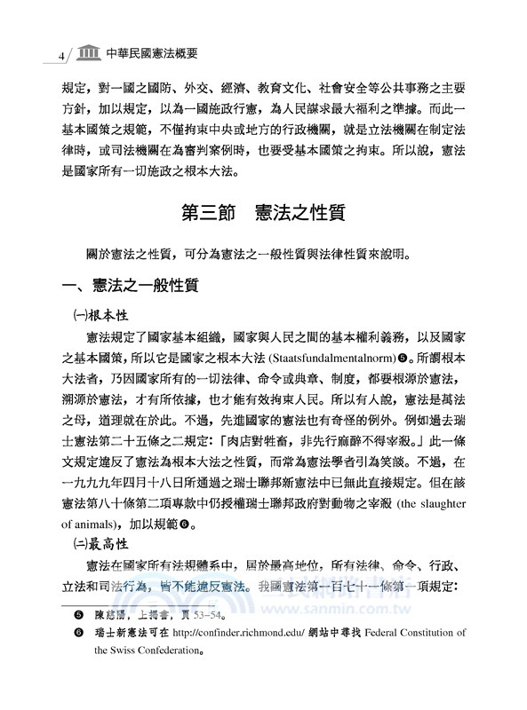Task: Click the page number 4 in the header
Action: point(60,55)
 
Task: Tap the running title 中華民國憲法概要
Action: point(150,53)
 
